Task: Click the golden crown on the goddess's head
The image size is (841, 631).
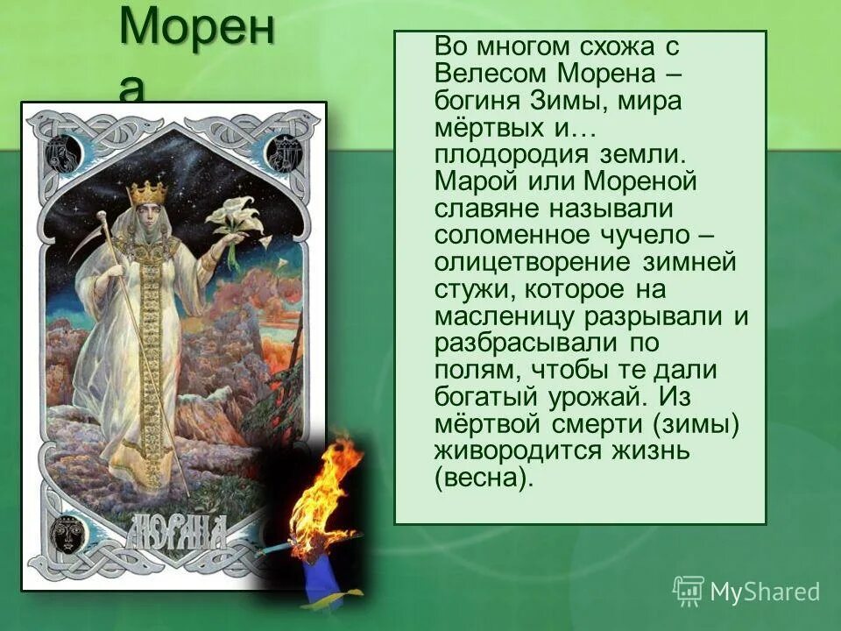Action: (x=148, y=190)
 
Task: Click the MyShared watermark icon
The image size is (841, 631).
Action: (x=689, y=591)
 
